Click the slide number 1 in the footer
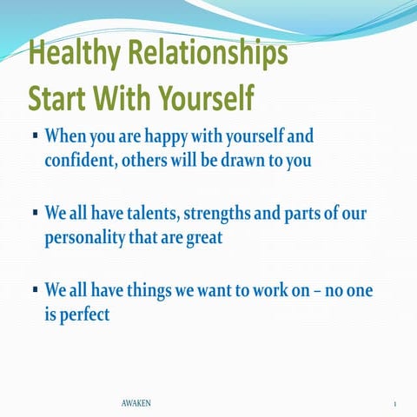pos(394,405)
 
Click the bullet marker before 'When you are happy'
pos(33,137)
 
